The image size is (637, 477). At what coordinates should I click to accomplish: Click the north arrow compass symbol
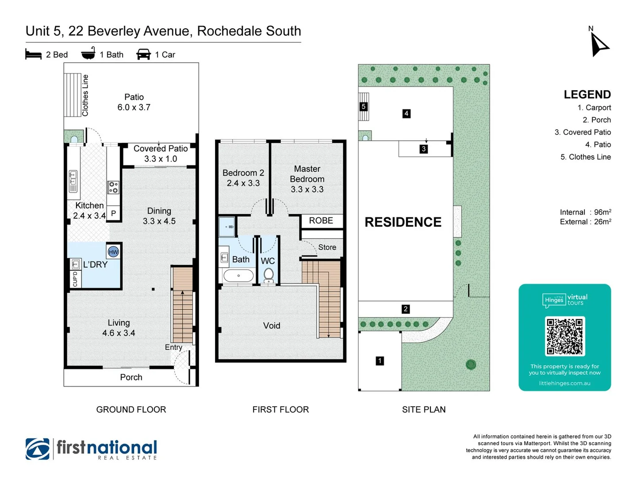tap(599, 44)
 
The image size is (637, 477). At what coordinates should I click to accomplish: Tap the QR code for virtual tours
tap(565, 336)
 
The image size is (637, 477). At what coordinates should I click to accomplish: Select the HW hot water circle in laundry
tap(113, 252)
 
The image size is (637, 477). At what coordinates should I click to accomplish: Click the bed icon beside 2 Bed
tap(34, 55)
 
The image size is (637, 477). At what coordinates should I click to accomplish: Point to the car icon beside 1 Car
tap(144, 54)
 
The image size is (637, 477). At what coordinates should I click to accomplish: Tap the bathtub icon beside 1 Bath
tap(88, 53)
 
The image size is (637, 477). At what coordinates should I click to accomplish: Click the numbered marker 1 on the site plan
tap(380, 361)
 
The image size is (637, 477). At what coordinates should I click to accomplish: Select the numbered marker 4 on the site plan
tap(406, 114)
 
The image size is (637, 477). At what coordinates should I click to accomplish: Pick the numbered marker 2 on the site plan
tap(405, 309)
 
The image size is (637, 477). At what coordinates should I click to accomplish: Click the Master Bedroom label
tap(307, 179)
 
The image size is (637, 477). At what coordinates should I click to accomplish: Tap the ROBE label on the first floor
tap(321, 220)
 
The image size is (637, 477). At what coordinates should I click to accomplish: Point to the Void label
tap(272, 326)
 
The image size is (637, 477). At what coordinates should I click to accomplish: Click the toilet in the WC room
tap(268, 275)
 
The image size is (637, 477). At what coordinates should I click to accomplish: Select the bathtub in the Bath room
tap(238, 276)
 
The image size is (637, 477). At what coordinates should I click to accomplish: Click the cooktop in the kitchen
tap(114, 187)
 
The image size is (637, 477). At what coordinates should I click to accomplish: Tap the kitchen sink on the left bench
tap(73, 181)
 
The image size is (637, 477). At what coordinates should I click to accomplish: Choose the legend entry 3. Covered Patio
tap(583, 132)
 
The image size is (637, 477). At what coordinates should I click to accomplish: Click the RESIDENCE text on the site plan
tap(403, 222)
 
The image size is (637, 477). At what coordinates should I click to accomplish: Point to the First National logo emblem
tap(38, 449)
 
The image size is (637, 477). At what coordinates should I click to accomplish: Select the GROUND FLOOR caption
tap(131, 409)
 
